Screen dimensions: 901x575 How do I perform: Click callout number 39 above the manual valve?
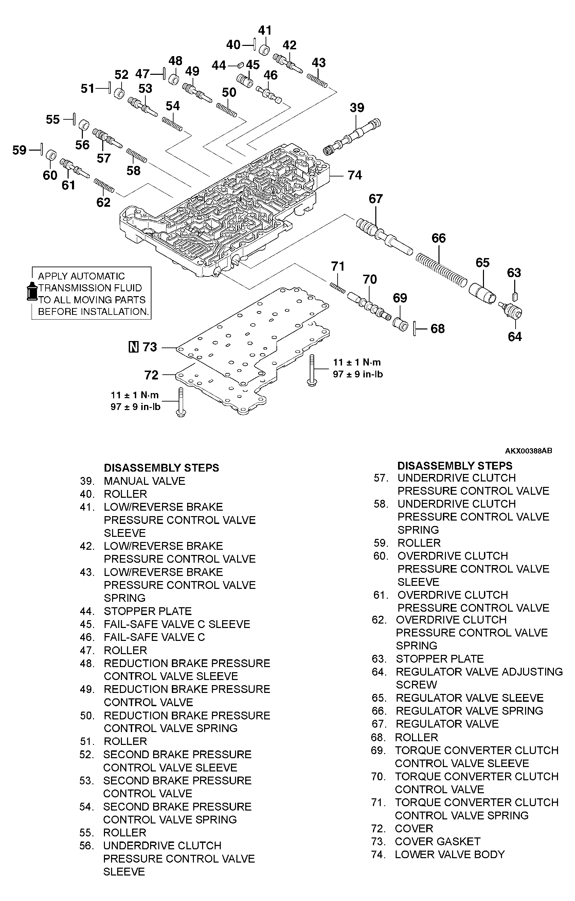click(x=357, y=108)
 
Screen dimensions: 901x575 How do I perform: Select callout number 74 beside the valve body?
click(x=355, y=175)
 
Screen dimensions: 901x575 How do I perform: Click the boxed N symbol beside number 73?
click(x=133, y=347)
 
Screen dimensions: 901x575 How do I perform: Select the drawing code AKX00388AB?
click(x=528, y=451)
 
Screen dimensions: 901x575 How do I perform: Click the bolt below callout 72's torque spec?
click(x=181, y=402)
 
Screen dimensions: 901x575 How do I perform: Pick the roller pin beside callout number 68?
click(x=415, y=328)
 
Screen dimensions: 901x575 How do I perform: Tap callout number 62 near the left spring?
click(x=104, y=202)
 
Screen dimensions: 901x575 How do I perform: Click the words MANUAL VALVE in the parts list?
click(x=144, y=481)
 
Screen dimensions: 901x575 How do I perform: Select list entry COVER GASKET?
click(x=437, y=842)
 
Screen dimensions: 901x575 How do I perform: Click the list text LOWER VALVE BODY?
click(x=449, y=855)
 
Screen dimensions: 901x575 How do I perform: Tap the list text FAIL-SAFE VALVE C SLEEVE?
click(x=177, y=624)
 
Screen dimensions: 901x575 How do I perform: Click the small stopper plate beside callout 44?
click(x=241, y=66)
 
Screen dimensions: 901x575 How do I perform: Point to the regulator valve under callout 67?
click(x=383, y=235)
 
